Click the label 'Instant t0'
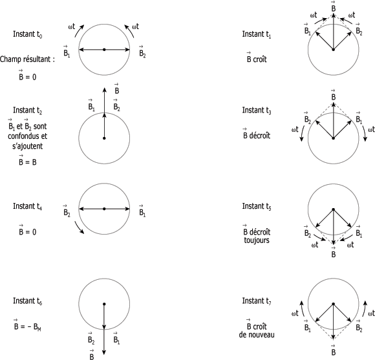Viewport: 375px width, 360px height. (x=28, y=34)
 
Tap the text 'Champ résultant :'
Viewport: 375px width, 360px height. (x=27, y=59)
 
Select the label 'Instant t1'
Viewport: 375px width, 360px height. (x=257, y=34)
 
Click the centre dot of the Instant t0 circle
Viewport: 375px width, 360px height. (x=104, y=50)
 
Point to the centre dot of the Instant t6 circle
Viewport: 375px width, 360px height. (x=104, y=304)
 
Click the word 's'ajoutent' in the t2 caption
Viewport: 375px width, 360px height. (x=28, y=146)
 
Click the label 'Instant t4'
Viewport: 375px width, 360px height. (x=28, y=206)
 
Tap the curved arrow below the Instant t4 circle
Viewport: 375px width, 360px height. (x=79, y=228)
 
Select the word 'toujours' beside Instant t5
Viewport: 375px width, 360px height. (x=257, y=240)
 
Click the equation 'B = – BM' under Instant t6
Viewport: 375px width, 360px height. (x=28, y=325)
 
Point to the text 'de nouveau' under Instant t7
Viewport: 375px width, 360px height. (x=257, y=335)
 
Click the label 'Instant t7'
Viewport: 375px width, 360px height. (x=257, y=301)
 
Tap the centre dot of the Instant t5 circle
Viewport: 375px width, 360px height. (x=333, y=209)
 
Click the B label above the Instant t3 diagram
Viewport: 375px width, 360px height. (x=334, y=95)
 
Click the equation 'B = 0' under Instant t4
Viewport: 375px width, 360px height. (x=28, y=230)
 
